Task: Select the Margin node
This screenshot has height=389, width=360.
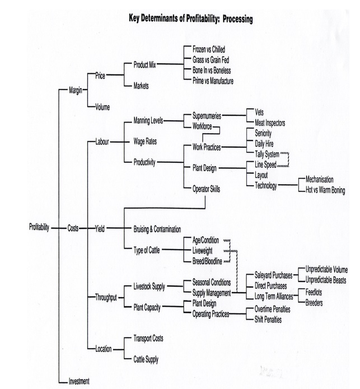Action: (76, 90)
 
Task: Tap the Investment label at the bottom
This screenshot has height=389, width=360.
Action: (78, 381)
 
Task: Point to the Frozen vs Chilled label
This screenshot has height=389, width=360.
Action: (208, 50)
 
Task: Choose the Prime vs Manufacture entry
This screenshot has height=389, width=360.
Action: (213, 81)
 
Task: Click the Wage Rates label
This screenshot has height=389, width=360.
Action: (145, 141)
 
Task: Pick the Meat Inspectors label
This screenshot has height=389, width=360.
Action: (270, 123)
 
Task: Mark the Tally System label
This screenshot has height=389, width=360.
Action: (267, 154)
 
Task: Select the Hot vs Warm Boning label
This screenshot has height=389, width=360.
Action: (325, 190)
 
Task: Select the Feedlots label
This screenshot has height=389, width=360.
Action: (316, 292)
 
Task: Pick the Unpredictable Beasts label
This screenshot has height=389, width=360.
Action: (326, 279)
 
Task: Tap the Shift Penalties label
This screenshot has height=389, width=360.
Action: (268, 320)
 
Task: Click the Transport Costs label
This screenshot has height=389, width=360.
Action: (148, 339)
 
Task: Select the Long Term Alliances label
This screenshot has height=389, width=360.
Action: (274, 296)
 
